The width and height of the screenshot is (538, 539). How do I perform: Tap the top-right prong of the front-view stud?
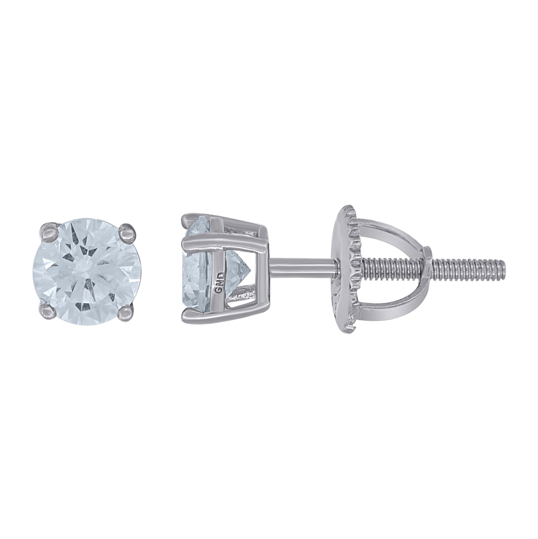click(x=125, y=231)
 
